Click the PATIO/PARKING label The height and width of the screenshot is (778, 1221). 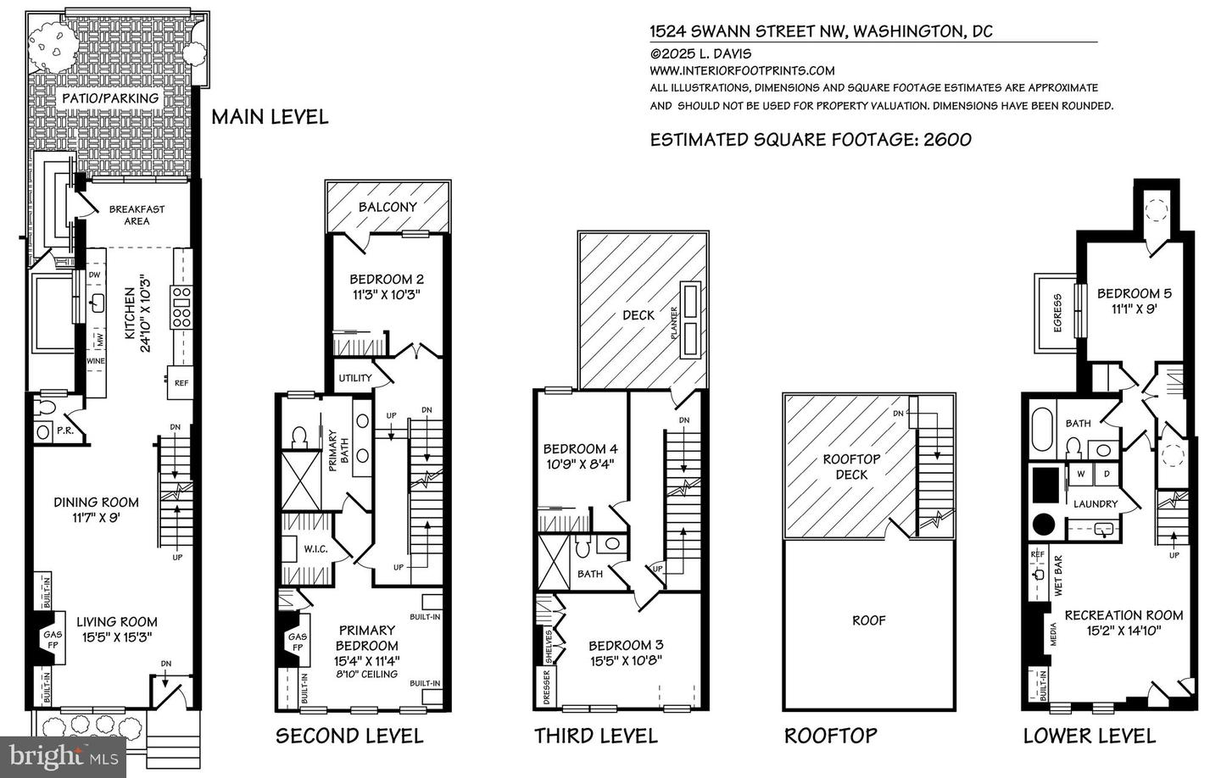point(110,98)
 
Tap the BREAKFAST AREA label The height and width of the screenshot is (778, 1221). point(137,215)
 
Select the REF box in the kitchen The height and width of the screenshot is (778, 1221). point(181,383)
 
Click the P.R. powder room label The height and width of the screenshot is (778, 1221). point(63,431)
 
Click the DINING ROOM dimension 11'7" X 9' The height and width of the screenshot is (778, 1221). point(96,519)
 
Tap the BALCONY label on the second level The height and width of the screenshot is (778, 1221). point(387,207)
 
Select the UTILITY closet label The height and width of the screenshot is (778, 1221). point(354,378)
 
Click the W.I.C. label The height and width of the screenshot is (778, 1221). point(315,549)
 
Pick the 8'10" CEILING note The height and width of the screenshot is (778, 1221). point(367,675)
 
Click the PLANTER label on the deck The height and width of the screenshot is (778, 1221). point(676,323)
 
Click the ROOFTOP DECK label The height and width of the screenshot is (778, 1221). point(851,466)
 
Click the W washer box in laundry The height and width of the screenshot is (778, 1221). point(1080,475)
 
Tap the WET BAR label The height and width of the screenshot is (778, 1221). point(1057,575)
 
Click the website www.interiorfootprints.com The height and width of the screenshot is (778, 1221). point(742,71)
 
